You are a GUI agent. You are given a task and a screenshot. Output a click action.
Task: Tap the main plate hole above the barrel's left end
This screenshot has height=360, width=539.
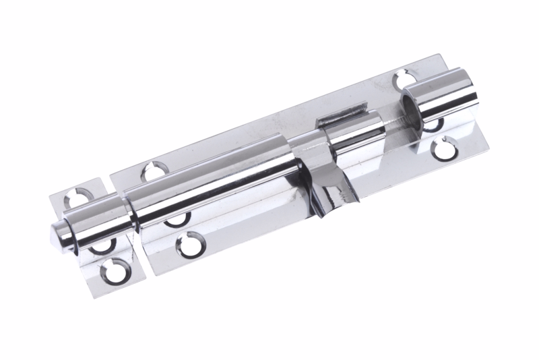[155, 171]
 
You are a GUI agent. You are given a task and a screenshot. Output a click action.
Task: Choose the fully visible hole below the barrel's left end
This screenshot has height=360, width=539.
[191, 243]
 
